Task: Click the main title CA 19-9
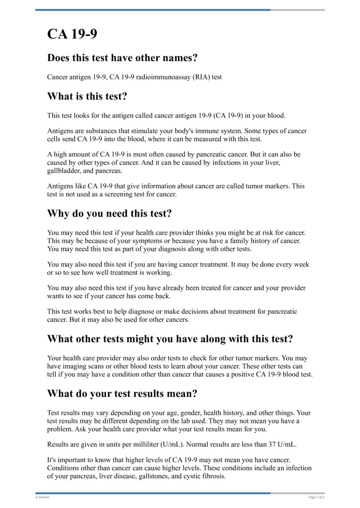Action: [72, 35]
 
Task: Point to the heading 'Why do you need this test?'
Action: [109, 214]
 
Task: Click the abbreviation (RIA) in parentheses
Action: [199, 77]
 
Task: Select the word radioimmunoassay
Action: [156, 77]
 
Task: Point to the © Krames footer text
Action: [43, 497]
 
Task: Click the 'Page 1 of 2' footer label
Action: [316, 497]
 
